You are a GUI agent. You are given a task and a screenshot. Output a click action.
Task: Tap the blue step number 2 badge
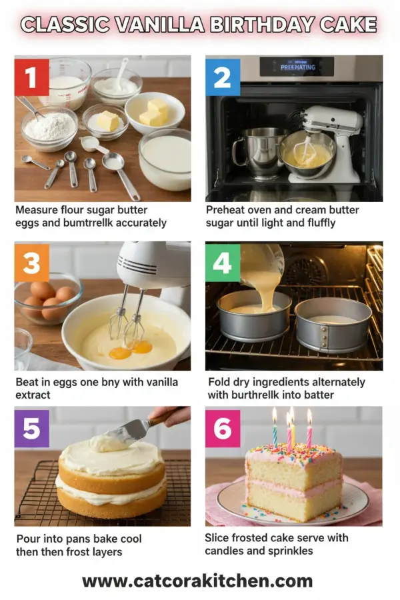click(223, 77)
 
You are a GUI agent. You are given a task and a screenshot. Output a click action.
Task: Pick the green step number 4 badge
click(223, 264)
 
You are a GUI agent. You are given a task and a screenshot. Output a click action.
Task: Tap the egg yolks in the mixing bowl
click(131, 349)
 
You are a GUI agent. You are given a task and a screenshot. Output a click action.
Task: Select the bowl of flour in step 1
click(49, 128)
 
